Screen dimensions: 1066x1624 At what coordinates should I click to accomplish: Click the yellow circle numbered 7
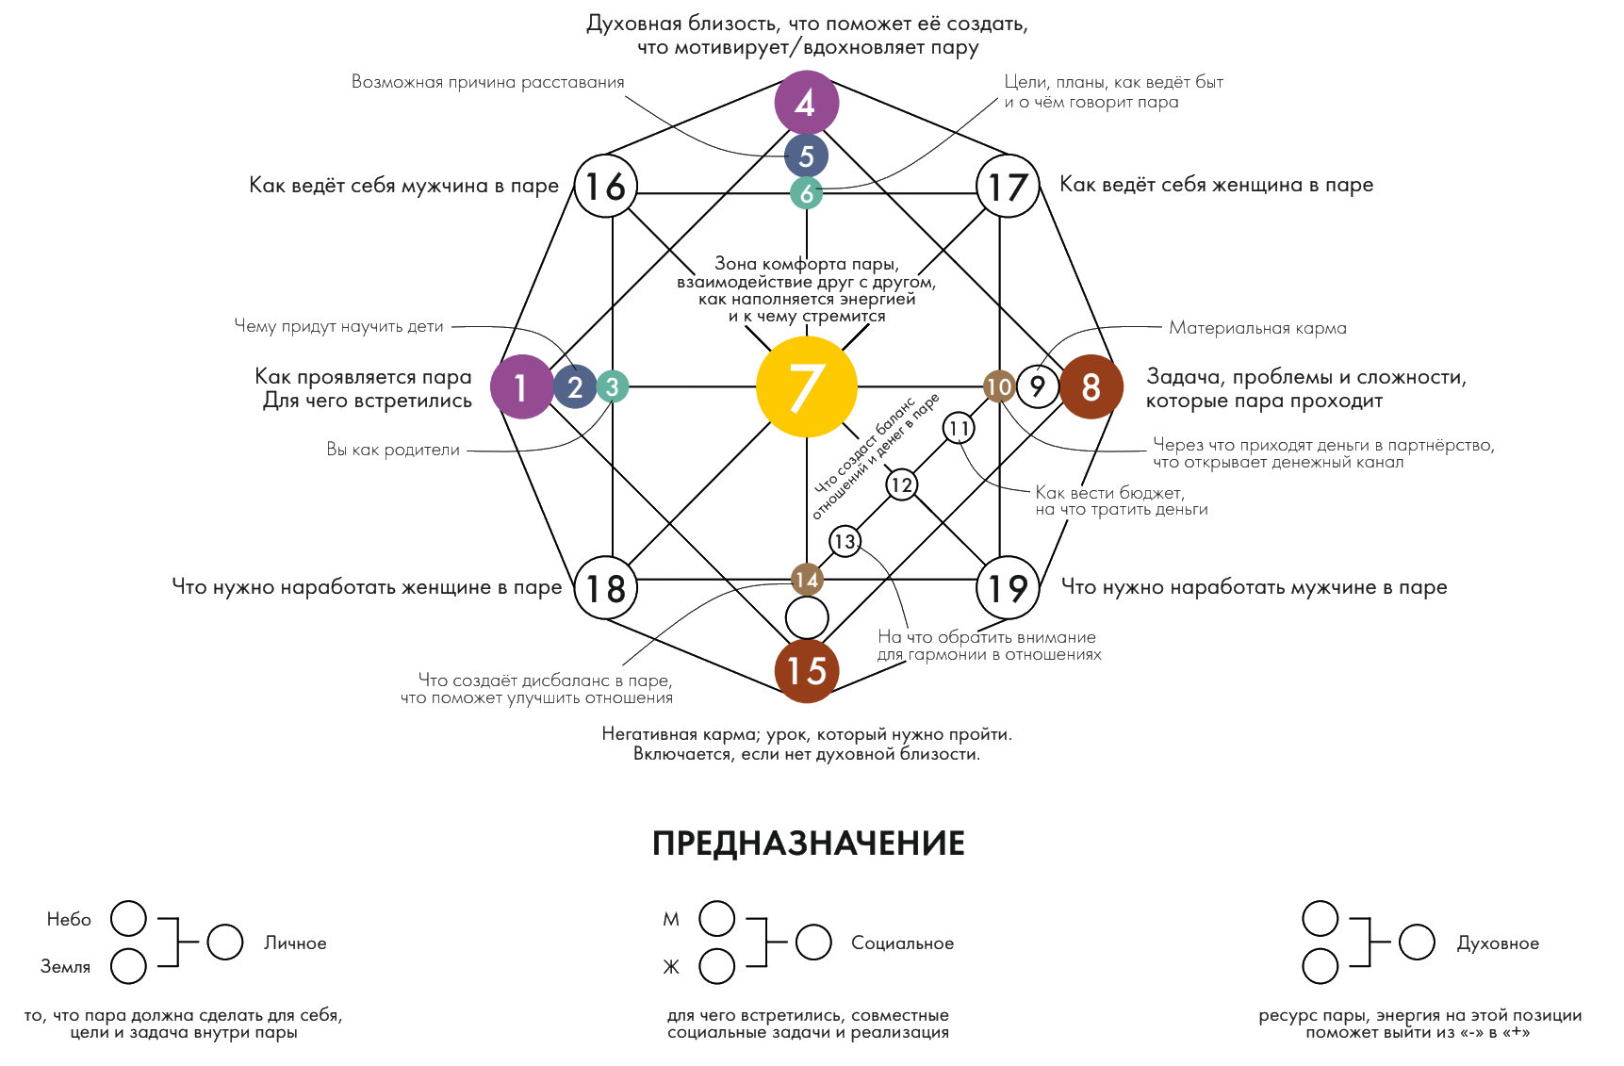807,386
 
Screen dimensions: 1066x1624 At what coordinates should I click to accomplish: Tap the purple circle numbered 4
806,103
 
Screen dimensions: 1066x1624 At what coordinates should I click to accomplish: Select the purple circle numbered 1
521,386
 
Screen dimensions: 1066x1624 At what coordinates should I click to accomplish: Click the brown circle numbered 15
806,671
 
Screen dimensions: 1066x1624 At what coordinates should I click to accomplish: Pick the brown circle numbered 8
1091,386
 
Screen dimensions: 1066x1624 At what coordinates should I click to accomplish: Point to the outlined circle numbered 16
606,186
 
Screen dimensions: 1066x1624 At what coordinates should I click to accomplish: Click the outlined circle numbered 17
1006,186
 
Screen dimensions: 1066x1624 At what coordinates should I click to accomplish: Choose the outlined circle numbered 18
606,588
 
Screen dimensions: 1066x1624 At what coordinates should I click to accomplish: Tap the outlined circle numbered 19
1006,588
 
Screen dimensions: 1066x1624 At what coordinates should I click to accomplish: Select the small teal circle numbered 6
807,193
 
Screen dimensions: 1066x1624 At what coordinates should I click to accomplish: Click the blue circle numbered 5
806,155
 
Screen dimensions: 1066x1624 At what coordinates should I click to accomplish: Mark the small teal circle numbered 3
612,386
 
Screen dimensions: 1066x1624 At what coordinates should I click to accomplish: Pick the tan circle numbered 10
999,386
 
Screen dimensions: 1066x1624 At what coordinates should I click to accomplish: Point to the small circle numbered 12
902,485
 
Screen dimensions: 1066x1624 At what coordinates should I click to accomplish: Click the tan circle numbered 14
807,580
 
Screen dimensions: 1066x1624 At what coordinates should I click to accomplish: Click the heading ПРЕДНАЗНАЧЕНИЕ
809,843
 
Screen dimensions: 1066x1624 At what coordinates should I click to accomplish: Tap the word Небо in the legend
69,919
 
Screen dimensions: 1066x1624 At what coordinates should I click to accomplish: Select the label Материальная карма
1257,328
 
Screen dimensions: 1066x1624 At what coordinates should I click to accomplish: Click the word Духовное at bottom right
1498,943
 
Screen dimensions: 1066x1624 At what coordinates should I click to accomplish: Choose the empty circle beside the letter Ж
717,967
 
